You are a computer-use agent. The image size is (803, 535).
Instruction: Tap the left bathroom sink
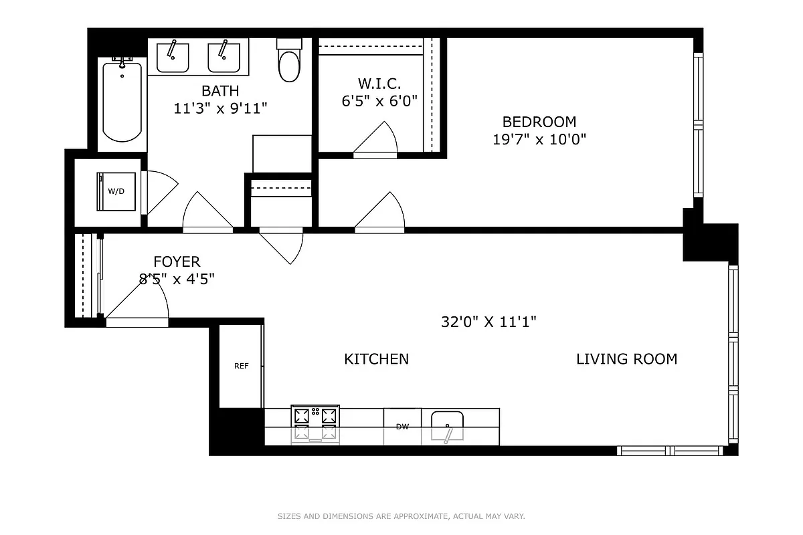pyautogui.click(x=173, y=57)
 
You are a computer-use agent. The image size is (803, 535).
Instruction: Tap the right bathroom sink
pyautogui.click(x=224, y=57)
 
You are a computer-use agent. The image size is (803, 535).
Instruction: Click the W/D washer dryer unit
pyautogui.click(x=116, y=191)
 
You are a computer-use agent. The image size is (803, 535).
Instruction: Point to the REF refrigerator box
pyautogui.click(x=241, y=366)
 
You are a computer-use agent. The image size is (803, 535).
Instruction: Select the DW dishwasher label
pyautogui.click(x=402, y=427)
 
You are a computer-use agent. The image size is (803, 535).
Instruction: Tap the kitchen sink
pyautogui.click(x=447, y=426)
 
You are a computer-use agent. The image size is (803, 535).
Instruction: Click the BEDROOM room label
pyautogui.click(x=539, y=122)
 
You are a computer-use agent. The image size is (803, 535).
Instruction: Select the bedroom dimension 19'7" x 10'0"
pyautogui.click(x=539, y=140)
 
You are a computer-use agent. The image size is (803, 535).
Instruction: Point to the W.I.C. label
pyautogui.click(x=379, y=84)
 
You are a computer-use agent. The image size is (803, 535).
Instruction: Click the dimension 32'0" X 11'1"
pyautogui.click(x=488, y=322)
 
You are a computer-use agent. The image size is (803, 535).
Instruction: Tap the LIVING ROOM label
pyautogui.click(x=626, y=359)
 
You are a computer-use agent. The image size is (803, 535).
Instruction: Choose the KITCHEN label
pyautogui.click(x=376, y=359)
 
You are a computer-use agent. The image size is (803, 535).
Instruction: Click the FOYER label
pyautogui.click(x=177, y=261)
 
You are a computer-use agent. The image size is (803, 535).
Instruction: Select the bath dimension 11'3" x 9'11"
pyautogui.click(x=220, y=108)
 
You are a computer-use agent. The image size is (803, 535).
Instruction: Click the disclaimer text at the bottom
pyautogui.click(x=401, y=516)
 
